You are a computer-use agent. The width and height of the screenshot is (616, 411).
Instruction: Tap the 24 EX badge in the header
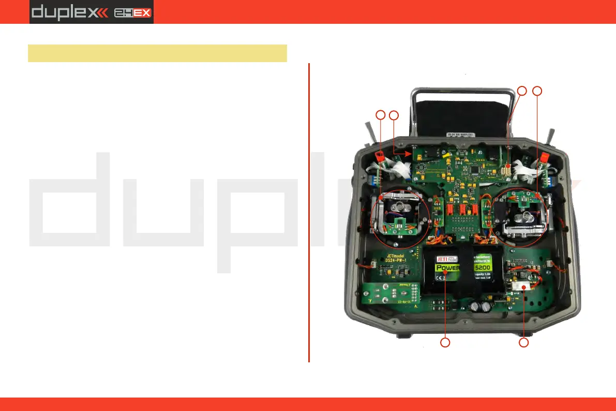point(133,12)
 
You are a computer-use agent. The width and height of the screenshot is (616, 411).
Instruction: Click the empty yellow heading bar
point(157,53)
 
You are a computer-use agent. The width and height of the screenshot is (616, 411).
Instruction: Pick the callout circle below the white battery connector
point(524,342)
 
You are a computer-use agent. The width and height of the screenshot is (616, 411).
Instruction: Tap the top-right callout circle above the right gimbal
point(538,91)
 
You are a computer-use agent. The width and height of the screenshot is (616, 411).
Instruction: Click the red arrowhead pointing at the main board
point(413,153)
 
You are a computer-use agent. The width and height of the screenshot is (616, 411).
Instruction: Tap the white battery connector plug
point(524,286)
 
